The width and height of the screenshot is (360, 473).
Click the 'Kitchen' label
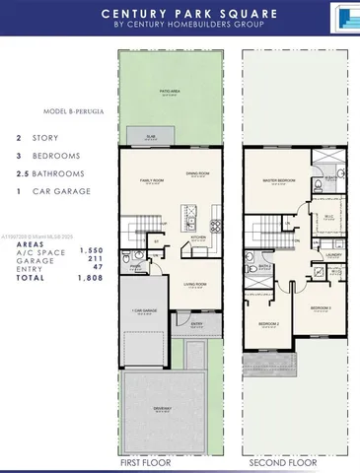tap(197, 236)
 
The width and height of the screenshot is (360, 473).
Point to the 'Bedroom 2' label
tap(266, 324)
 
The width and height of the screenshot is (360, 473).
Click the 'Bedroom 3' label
tap(320, 308)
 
